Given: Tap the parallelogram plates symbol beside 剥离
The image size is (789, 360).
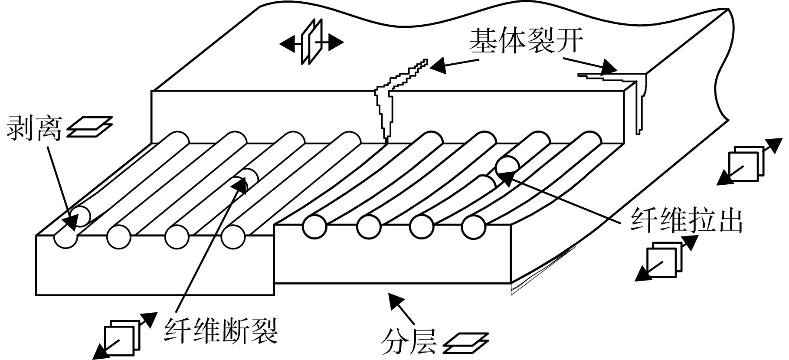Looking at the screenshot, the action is point(89,127).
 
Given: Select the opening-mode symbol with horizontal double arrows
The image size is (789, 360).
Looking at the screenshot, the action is point(311,43).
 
